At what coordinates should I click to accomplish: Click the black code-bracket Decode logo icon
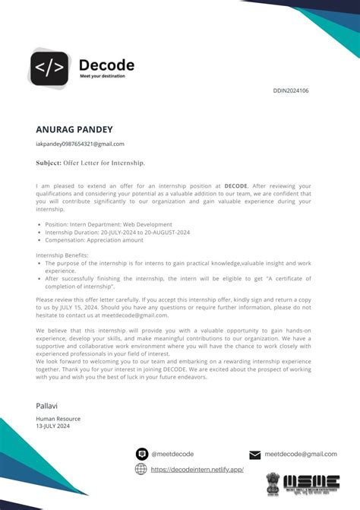coord(49,67)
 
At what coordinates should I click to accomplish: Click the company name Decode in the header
coord(106,65)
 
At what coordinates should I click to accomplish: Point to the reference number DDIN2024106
coord(290,90)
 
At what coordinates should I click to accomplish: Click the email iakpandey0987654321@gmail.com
coord(80,144)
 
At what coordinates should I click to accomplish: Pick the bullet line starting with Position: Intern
coord(109,224)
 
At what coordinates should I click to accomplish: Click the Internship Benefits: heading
coord(62,255)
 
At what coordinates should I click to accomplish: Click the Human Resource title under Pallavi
coord(58,419)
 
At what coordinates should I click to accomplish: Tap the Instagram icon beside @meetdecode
coord(141,454)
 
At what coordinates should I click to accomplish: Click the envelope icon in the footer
coord(255,455)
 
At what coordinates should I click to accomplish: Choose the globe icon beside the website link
coord(141,469)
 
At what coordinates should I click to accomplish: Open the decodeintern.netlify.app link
coord(197,470)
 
